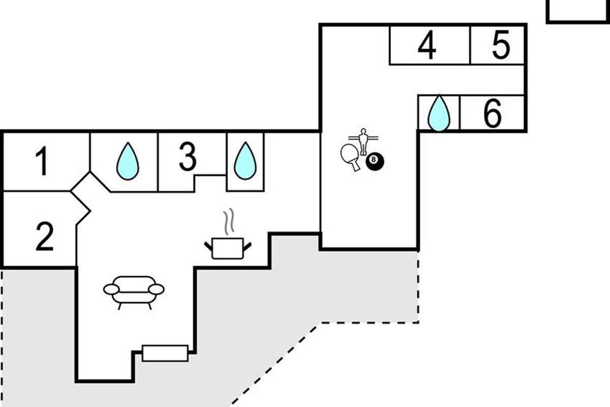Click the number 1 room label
43,161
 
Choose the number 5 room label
501,46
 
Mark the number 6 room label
492,113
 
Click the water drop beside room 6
439,113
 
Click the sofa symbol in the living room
134,292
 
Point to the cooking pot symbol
228,248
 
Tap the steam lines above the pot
229,221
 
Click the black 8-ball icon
375,162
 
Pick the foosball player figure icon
363,141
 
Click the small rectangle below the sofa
165,353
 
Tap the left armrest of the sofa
111,289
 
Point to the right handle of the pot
248,247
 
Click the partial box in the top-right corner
578,11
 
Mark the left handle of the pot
208,247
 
